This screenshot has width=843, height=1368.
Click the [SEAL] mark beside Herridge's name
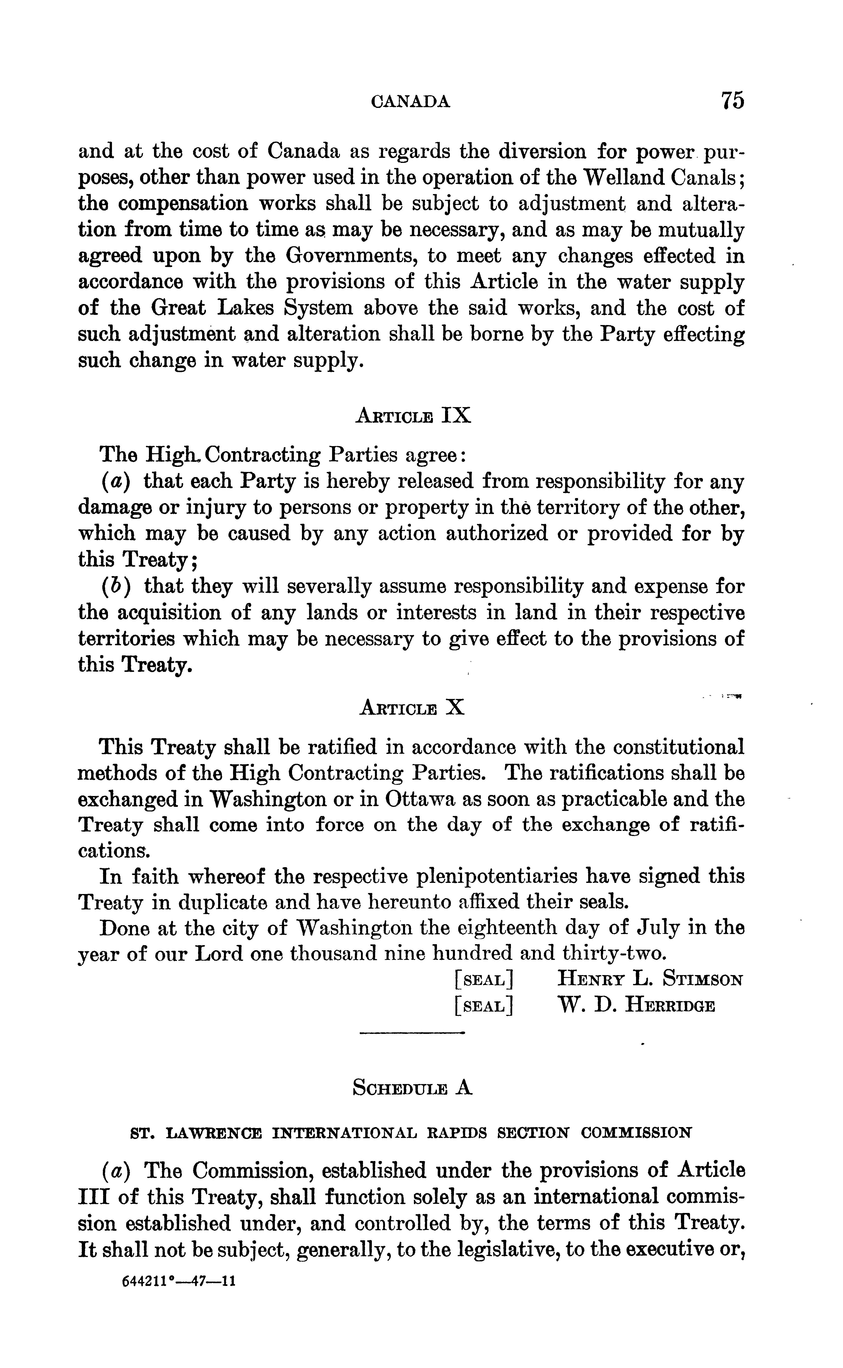point(483,1006)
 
